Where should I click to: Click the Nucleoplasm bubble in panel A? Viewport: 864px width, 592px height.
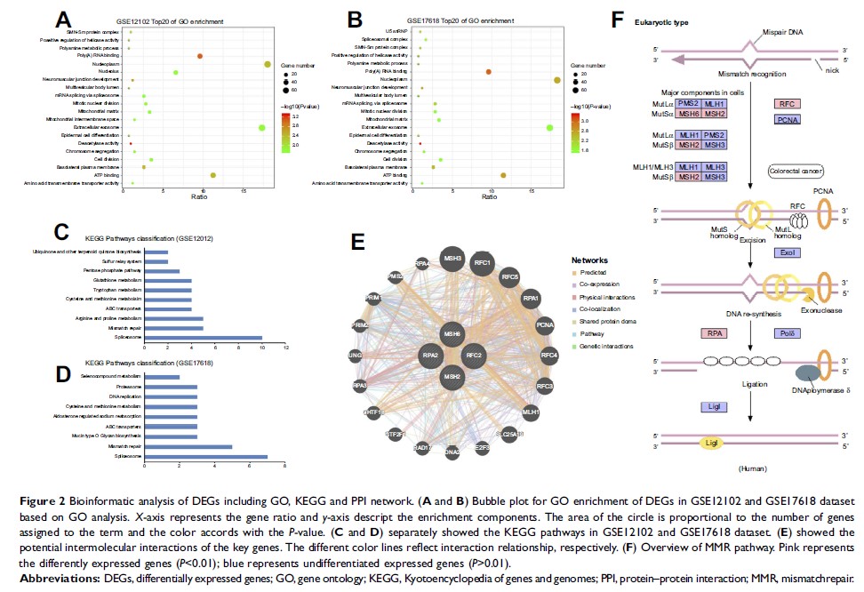click(268, 64)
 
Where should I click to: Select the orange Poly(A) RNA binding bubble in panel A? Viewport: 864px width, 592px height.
click(200, 56)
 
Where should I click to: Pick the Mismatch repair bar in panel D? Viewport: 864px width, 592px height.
click(188, 446)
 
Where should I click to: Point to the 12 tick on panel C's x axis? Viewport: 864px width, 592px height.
click(286, 347)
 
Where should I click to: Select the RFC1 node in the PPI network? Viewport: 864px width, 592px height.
click(484, 263)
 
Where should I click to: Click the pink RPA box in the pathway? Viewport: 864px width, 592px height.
click(713, 333)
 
